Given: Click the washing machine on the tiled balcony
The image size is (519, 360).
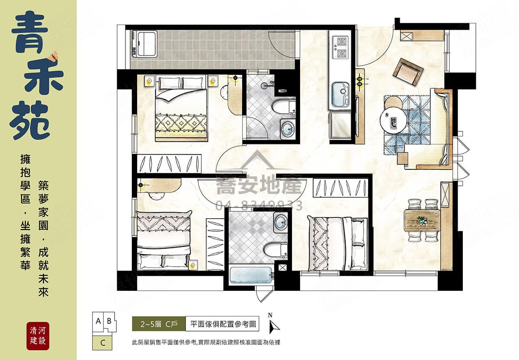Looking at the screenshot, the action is pos(145,44).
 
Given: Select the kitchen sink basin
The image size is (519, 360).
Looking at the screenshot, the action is pos(340,95).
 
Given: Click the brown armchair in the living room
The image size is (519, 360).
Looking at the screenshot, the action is pos(407,72).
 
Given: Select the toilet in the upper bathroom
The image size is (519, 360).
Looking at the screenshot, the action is pos(283,107).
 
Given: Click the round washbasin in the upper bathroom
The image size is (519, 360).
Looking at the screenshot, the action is pos(288,128).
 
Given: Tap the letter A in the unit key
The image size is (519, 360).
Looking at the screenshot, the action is pos(98,321).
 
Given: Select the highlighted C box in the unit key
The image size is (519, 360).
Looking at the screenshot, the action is pos(102,343).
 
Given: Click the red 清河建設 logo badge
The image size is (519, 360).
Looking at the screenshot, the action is pos(38,336).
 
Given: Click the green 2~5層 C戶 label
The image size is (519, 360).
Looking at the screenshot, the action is pos(159,324).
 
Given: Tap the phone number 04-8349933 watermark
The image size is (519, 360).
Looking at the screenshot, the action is pos(259,205).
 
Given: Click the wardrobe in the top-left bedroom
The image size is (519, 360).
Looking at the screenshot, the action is pos(169,164).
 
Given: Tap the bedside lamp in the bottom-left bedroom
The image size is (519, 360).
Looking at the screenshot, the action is pos(192,265).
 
